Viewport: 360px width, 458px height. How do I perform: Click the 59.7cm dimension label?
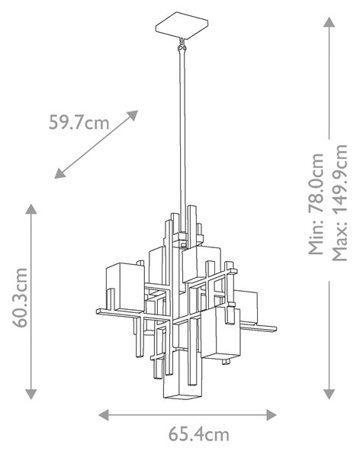click(x=79, y=122)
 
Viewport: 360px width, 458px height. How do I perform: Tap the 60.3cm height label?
click(x=20, y=298)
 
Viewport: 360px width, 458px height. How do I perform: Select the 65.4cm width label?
click(x=198, y=434)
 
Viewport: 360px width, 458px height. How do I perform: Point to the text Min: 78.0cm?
click(x=317, y=204)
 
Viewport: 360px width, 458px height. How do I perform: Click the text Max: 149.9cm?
click(x=340, y=202)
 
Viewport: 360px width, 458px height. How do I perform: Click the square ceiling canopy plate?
click(x=182, y=25)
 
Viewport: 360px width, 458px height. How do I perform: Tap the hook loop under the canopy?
click(x=182, y=45)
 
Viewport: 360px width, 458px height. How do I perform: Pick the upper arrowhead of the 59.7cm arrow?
click(x=132, y=114)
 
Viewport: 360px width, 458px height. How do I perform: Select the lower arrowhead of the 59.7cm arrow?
click(x=59, y=173)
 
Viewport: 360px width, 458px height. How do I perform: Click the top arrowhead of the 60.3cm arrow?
click(x=31, y=209)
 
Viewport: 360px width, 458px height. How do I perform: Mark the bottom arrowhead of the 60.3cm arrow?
click(x=31, y=395)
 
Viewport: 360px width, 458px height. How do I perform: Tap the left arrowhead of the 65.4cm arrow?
click(x=104, y=414)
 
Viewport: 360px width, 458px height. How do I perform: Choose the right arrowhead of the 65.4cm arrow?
click(x=272, y=414)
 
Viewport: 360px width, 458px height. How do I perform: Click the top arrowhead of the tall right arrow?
click(x=329, y=22)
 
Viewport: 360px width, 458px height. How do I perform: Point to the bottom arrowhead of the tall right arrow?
click(x=329, y=395)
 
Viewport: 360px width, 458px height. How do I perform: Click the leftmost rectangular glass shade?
click(x=125, y=287)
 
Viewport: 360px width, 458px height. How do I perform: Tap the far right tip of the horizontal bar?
click(x=276, y=328)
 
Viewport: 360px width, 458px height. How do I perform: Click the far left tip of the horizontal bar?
click(x=97, y=311)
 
